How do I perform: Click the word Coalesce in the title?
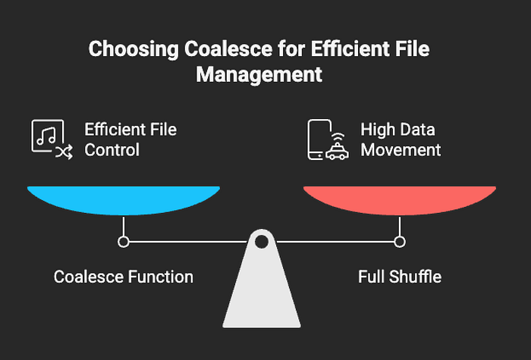click(228, 49)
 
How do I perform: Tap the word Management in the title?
click(259, 74)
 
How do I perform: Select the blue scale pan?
click(124, 200)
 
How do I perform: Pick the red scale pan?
click(400, 200)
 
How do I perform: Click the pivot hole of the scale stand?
click(262, 242)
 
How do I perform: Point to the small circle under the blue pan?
click(124, 242)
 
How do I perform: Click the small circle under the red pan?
click(400, 242)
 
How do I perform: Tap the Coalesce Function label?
click(124, 277)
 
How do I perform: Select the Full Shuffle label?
click(400, 277)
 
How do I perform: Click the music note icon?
click(46, 136)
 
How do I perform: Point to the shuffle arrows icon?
click(64, 152)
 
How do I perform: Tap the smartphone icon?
click(319, 139)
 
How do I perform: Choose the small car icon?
click(337, 152)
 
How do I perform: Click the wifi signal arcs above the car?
click(338, 136)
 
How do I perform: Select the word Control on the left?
click(112, 150)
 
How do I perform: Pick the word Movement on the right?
click(401, 150)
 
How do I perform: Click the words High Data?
click(397, 130)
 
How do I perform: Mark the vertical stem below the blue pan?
click(124, 226)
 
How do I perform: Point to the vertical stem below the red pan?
click(400, 226)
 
